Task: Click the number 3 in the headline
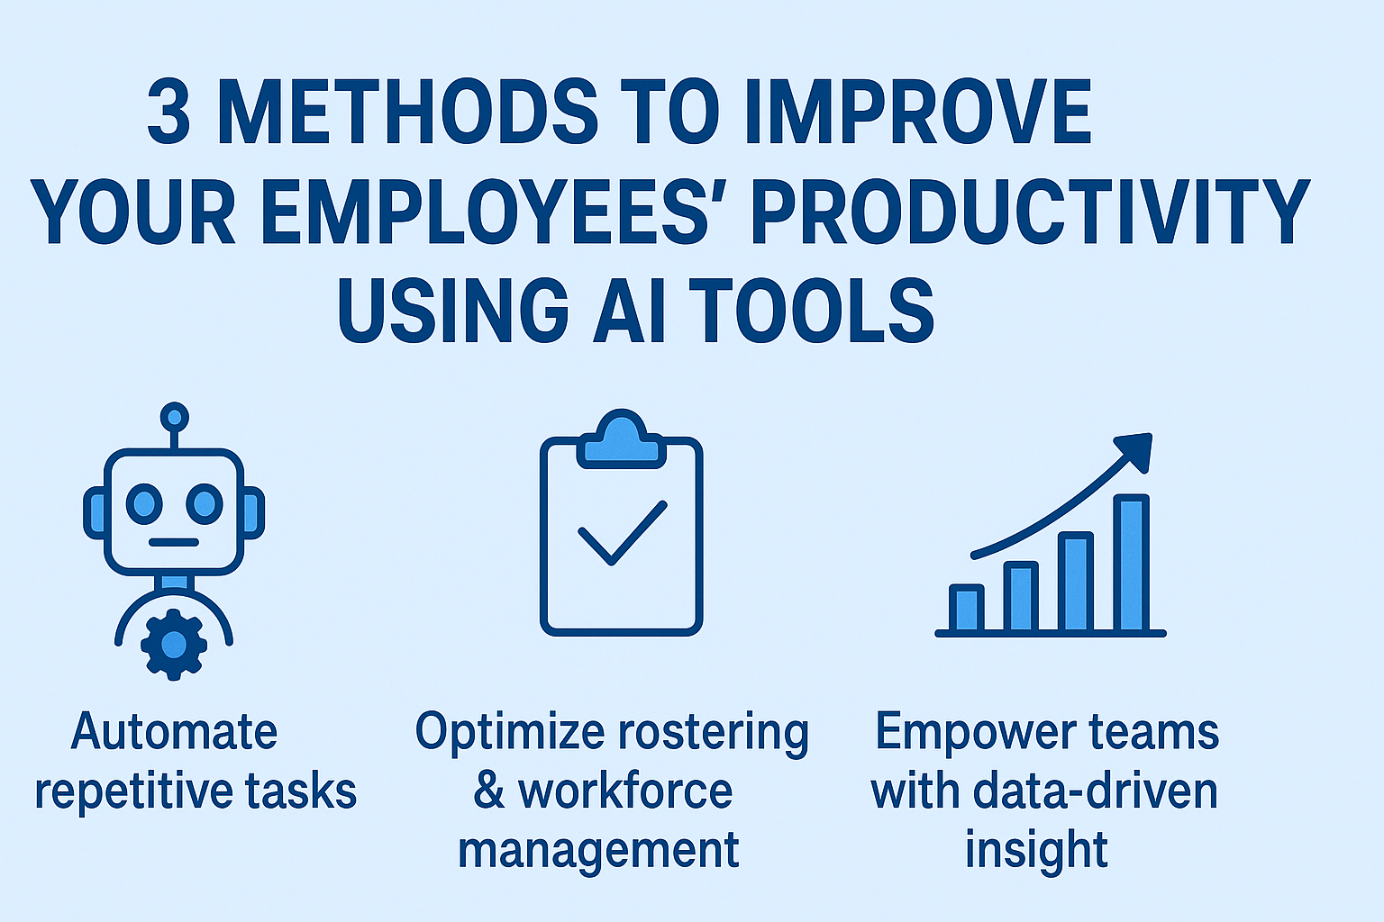point(168,111)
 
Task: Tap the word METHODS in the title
point(408,111)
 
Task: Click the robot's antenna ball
point(175,418)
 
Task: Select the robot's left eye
point(144,504)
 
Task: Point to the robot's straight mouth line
point(174,542)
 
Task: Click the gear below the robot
point(174,645)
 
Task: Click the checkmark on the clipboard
point(623,532)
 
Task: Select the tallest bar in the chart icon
point(1132,563)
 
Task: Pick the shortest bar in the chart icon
point(966,608)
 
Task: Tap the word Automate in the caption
point(174,731)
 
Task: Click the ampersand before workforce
point(489,791)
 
